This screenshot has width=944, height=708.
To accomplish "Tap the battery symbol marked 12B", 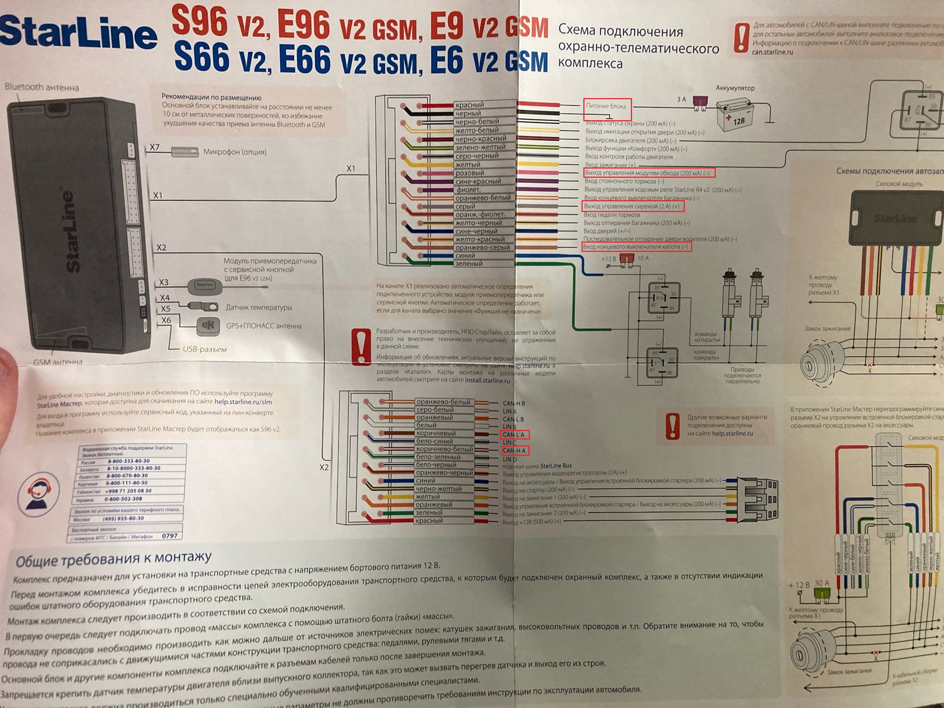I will click(735, 116).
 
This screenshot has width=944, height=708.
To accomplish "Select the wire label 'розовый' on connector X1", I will click(470, 173).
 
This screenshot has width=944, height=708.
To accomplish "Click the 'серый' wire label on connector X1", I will click(465, 206).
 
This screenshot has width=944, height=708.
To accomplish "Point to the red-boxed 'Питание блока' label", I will click(606, 106).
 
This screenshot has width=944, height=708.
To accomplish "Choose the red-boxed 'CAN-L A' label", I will click(514, 435).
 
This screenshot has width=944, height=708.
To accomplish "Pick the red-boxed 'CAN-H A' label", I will click(514, 450).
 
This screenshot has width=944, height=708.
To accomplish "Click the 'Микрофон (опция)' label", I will click(235, 152).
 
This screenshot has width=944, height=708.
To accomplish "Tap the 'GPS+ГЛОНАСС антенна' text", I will click(264, 325).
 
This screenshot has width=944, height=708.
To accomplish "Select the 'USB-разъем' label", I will click(205, 349).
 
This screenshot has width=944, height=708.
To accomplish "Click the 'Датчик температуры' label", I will click(259, 308).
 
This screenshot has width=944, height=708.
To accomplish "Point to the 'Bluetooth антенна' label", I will click(42, 88).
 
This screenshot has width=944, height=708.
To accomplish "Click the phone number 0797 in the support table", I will click(170, 536).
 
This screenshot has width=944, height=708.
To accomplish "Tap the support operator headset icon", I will click(38, 492).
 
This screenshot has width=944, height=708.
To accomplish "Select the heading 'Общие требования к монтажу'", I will click(114, 560).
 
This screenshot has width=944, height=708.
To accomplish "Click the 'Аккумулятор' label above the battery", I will click(735, 88).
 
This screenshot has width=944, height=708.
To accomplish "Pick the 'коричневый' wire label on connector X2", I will click(436, 434).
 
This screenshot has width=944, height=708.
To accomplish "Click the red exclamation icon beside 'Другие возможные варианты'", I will click(672, 425).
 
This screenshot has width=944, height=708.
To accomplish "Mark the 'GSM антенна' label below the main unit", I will click(58, 362).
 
